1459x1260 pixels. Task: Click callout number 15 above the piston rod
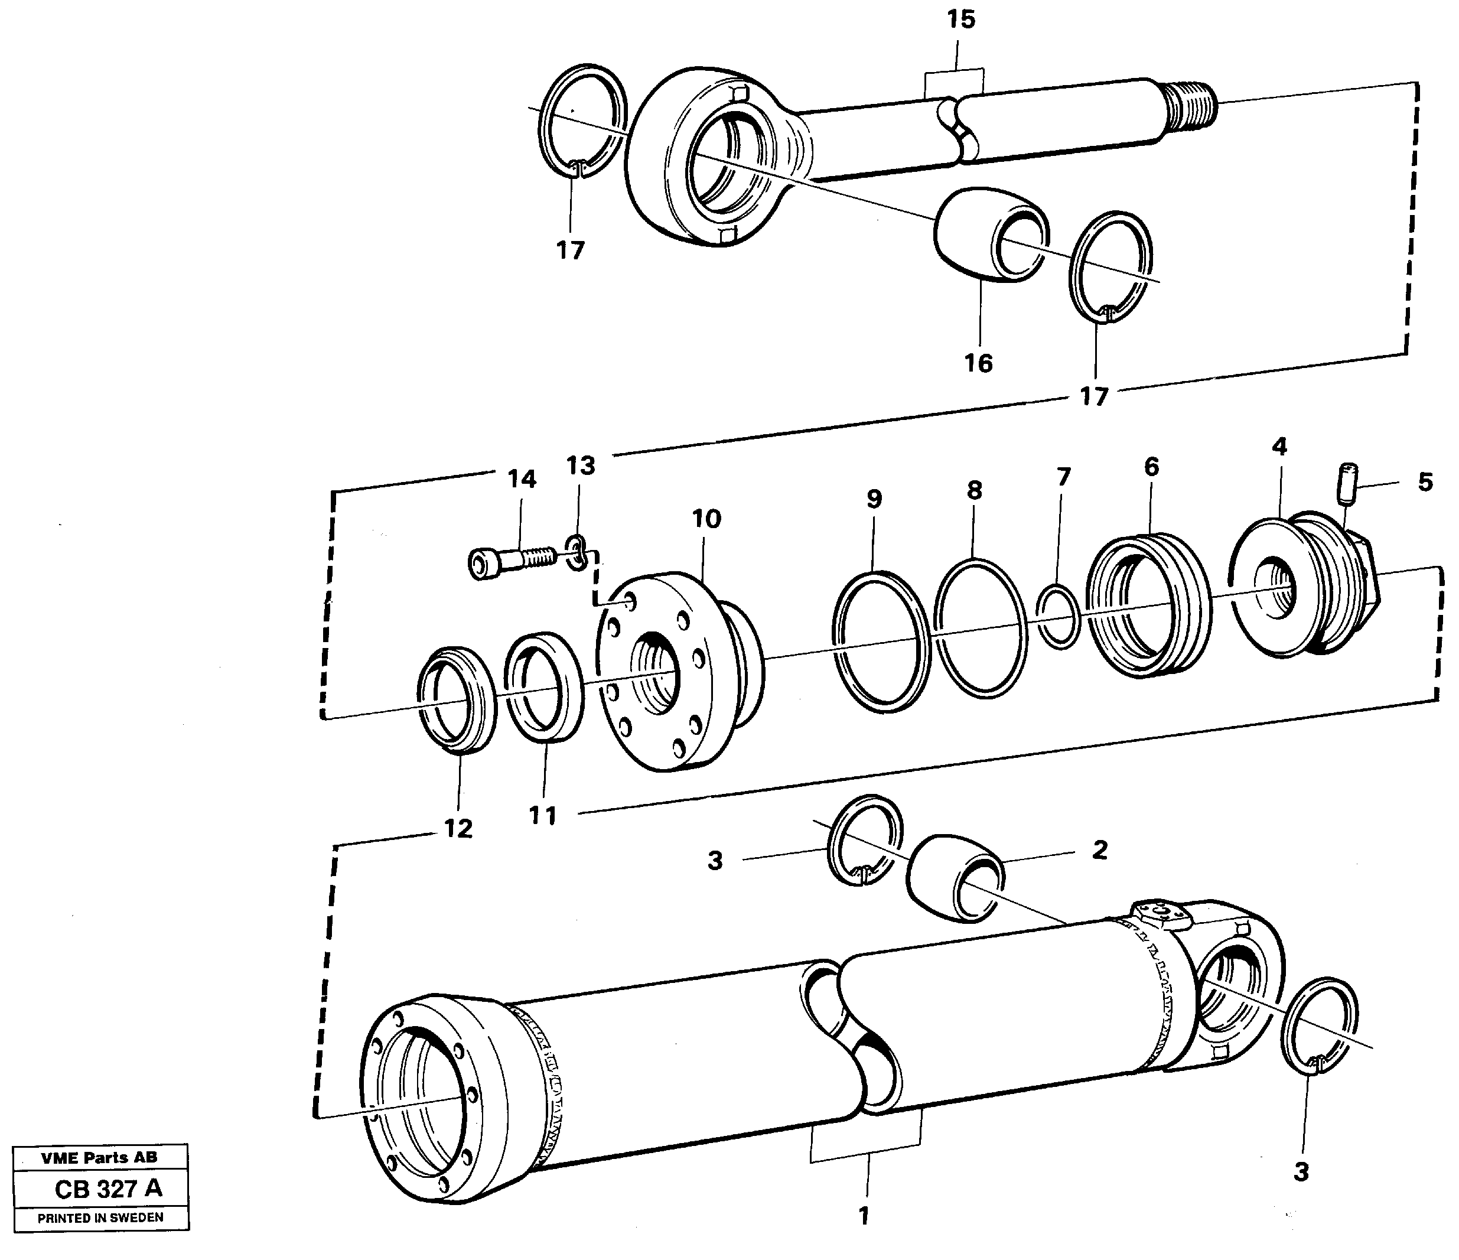tap(960, 19)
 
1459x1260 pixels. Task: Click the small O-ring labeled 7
tap(1059, 615)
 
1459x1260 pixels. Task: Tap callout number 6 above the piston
tap(1151, 466)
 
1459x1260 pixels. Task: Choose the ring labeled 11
tap(543, 686)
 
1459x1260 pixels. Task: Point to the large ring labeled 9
tap(881, 640)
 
